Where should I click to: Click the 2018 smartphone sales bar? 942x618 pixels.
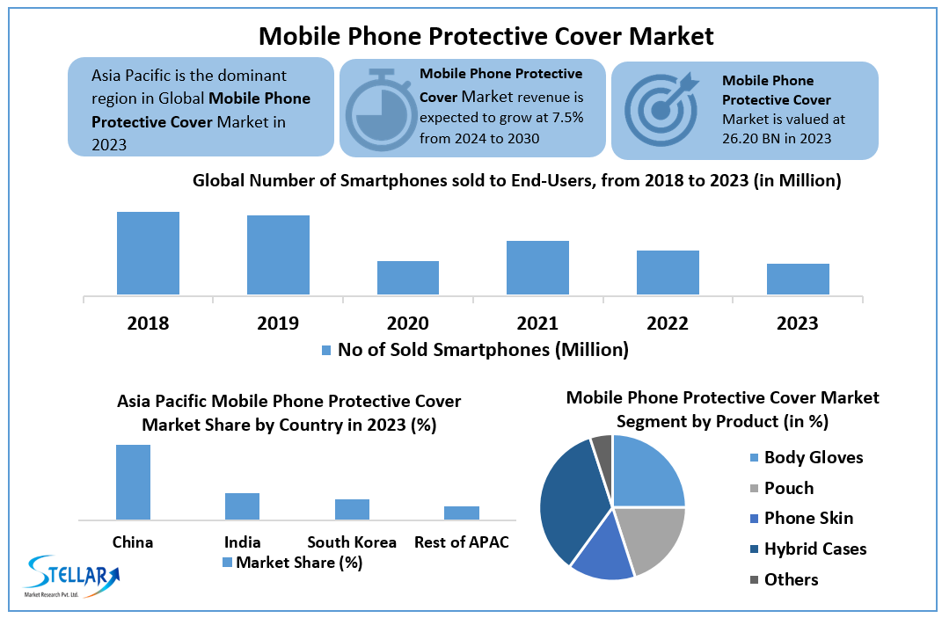[148, 253]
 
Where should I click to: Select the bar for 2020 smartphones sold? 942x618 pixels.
[408, 278]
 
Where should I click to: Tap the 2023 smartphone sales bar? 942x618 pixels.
[798, 279]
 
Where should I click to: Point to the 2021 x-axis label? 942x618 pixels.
[537, 324]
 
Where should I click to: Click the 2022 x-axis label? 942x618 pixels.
[668, 324]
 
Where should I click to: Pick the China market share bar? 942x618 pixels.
[133, 482]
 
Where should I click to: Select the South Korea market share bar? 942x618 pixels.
[352, 509]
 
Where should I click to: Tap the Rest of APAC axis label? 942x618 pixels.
[461, 542]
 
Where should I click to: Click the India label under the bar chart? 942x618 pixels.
[242, 542]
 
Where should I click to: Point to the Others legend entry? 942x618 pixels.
[791, 579]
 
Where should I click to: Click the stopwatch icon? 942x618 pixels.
[380, 108]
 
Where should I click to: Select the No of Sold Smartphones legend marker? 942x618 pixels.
[325, 350]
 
